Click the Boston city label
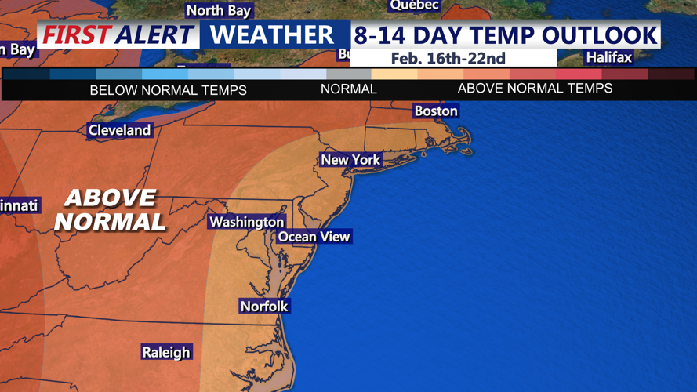[x=436, y=111]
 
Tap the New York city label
[x=350, y=160]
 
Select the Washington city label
[x=246, y=223]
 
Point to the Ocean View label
[x=314, y=237]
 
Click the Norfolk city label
[x=264, y=307]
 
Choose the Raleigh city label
[x=166, y=352]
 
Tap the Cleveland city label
[x=119, y=130]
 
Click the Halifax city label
[x=609, y=57]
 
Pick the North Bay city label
[x=218, y=10]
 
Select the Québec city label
[x=414, y=5]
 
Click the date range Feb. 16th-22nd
[x=448, y=58]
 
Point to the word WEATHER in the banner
[x=272, y=35]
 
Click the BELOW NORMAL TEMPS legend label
[x=168, y=90]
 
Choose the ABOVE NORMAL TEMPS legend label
[x=535, y=89]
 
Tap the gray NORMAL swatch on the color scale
[x=349, y=74]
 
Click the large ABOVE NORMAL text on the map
[x=110, y=209]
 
